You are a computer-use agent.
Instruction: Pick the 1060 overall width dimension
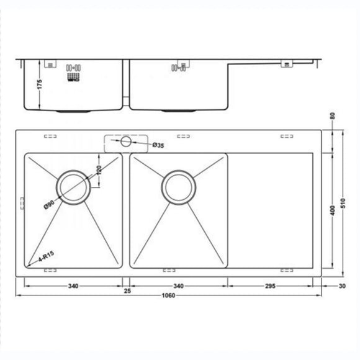coord(168,295)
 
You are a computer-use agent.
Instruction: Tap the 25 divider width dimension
coord(127,290)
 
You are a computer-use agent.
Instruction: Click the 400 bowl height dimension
coord(333,211)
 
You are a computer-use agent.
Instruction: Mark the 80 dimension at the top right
coord(333,116)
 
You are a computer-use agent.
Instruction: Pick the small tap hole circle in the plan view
coord(126,142)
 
